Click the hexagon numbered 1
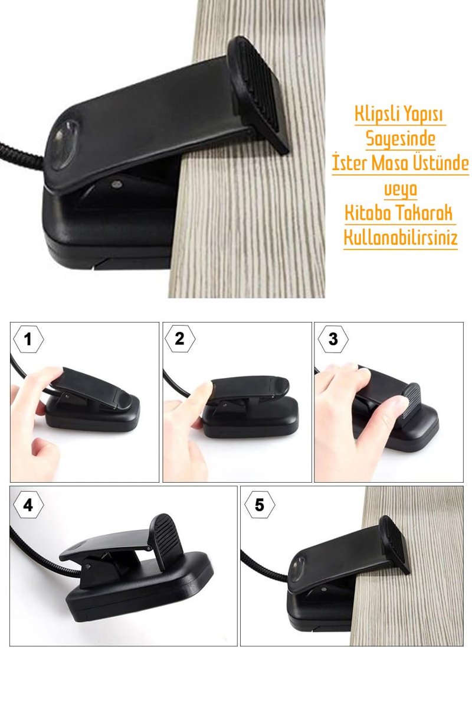28,340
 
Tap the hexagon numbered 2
180,339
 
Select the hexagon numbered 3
333,339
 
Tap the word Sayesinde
400,139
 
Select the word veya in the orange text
400,189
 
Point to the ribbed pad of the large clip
258,95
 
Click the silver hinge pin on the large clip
117,184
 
